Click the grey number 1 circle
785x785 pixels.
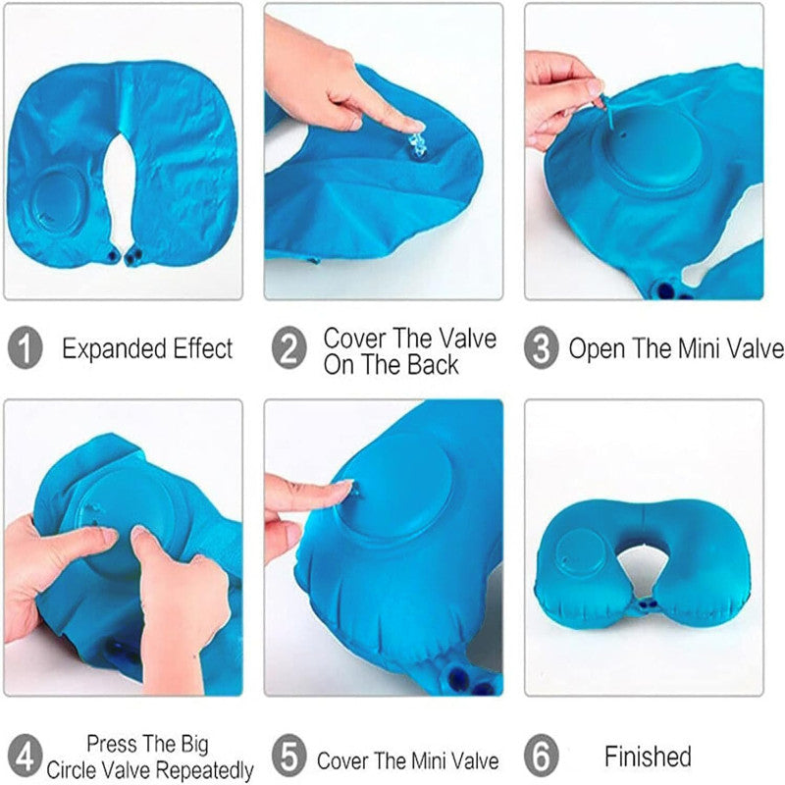(26, 347)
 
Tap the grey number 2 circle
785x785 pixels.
(288, 347)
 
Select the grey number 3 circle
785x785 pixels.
(542, 347)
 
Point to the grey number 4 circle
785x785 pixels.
(26, 755)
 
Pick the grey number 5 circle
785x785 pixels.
(288, 755)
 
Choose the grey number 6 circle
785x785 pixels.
(542, 755)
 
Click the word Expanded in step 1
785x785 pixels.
(115, 349)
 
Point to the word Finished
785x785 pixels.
(648, 756)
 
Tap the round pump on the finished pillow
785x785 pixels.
(582, 554)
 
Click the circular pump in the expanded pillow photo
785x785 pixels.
(59, 200)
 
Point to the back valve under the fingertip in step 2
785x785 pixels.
(417, 142)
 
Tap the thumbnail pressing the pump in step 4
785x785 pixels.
(140, 534)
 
